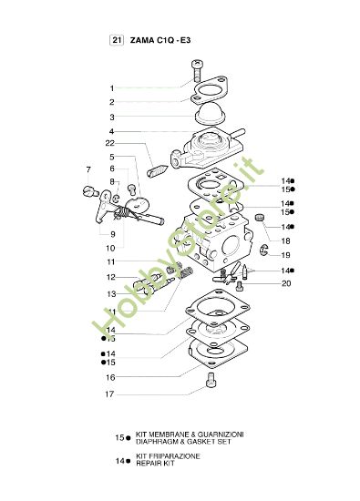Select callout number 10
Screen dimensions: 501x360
coord(111,247)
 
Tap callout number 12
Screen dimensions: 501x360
coord(111,277)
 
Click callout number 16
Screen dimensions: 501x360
coord(110,376)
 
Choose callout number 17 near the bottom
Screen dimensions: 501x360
coord(110,394)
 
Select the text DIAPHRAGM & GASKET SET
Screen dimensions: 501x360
coord(186,439)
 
